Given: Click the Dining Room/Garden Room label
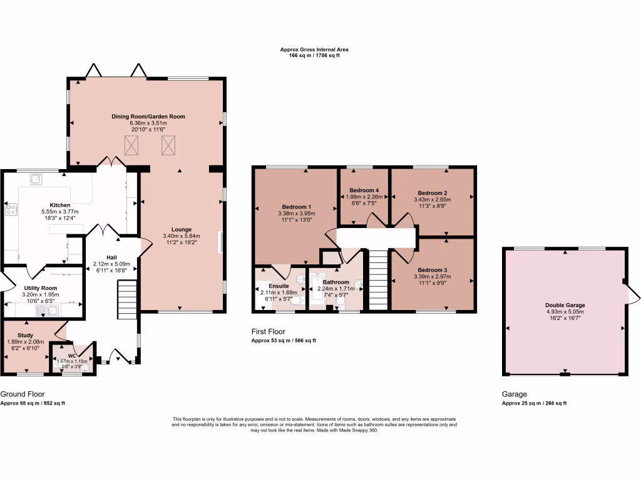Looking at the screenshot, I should (148, 116).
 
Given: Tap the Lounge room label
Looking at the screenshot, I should (182, 229).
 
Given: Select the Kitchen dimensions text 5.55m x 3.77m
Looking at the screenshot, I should (60, 212).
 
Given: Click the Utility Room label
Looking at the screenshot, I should (40, 287).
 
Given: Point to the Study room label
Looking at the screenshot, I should (25, 335).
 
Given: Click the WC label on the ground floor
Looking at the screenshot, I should (73, 355).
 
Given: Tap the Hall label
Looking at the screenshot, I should (111, 257).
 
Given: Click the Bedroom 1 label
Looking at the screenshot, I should (297, 207).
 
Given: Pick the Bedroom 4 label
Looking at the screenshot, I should (364, 190).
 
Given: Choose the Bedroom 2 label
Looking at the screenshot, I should (432, 193).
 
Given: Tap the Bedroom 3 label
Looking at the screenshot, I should (432, 271).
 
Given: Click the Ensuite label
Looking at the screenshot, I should (279, 286).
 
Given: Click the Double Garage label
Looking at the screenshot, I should (565, 305).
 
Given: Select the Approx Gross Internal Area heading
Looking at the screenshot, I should (314, 49).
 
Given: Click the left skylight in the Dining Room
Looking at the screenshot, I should (132, 145).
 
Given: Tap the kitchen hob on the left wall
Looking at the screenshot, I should (11, 210).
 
